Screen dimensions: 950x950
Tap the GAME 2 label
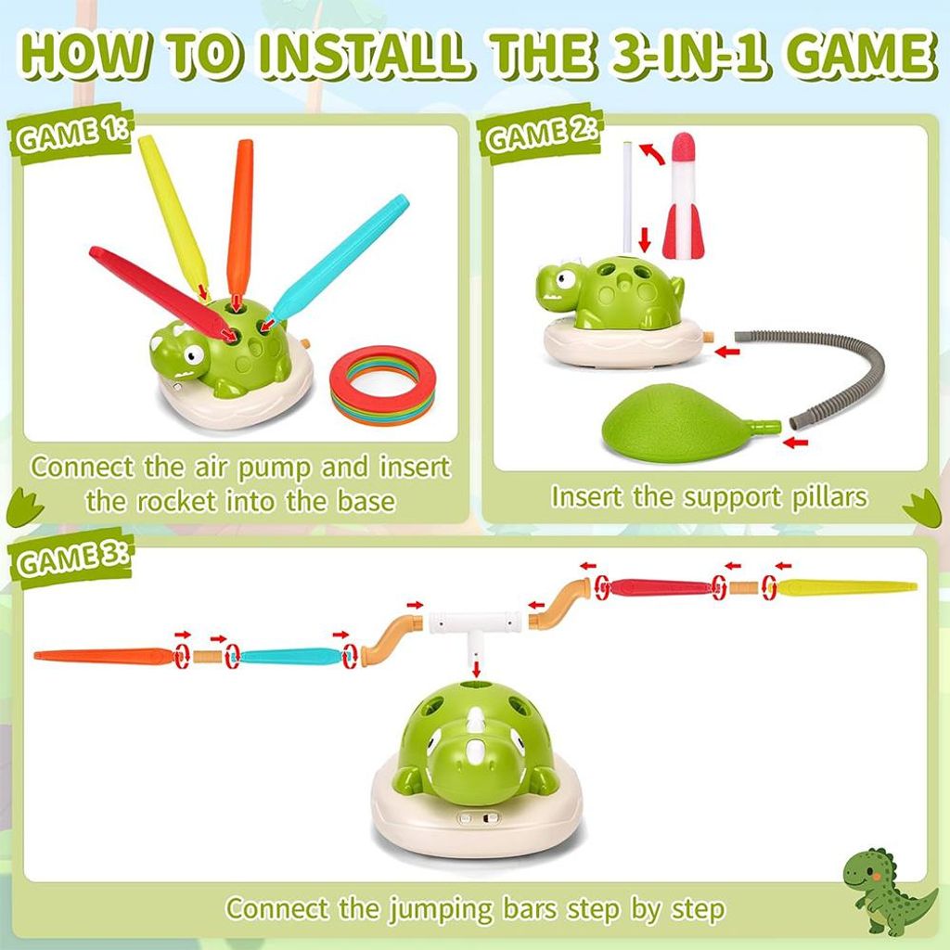point(541,135)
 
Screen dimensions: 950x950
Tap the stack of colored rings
point(383,385)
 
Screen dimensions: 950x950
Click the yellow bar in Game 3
point(847,586)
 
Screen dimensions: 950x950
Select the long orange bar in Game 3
point(103,656)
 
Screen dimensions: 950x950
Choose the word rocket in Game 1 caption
point(175,502)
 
